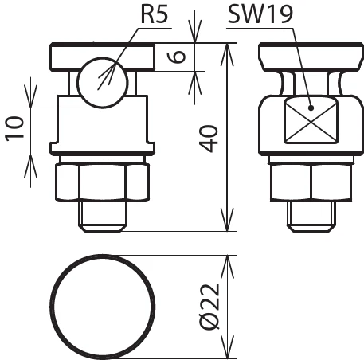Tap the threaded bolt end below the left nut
pyautogui.click(x=102, y=215)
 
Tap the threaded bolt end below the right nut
pyautogui.click(x=311, y=215)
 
